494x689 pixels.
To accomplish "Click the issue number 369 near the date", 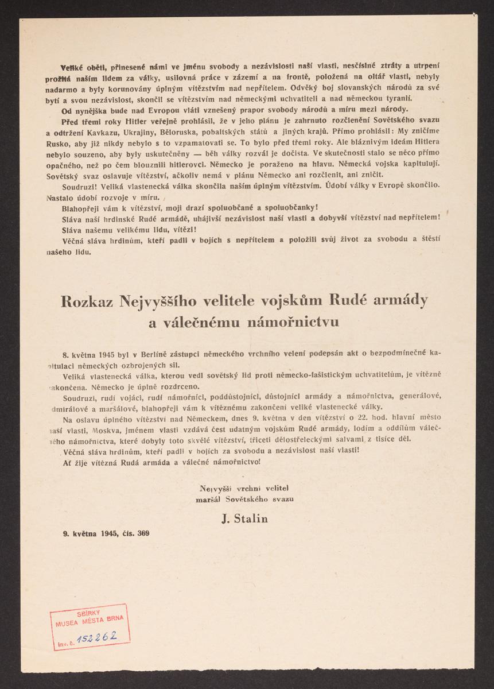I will click(142, 533).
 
